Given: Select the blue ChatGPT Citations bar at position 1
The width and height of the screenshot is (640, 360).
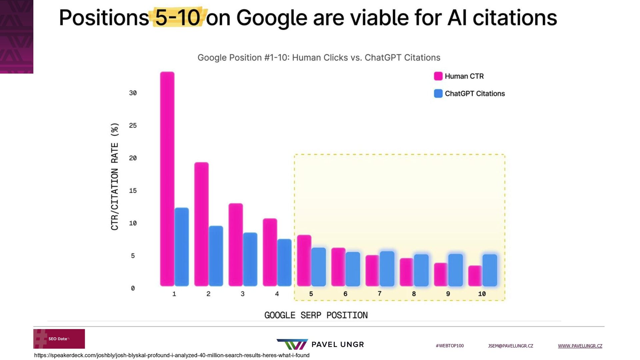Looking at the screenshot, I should click(182, 247).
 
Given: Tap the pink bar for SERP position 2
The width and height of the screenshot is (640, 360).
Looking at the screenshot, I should click(201, 224).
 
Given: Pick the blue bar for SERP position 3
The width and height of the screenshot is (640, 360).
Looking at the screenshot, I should click(250, 259).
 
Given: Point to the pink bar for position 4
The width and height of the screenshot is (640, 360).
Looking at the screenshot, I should click(270, 252).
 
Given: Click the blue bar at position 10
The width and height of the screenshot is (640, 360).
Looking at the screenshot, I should click(490, 270).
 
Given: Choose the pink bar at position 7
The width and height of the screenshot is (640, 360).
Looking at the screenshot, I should click(372, 270).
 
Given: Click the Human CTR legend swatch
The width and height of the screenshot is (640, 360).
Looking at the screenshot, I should click(438, 76).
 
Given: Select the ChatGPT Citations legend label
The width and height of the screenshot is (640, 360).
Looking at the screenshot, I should click(475, 94).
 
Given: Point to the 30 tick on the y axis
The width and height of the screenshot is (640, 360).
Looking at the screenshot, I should click(133, 93).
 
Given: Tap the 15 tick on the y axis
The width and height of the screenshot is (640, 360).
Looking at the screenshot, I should click(133, 191).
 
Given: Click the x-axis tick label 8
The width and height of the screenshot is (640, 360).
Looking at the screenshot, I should click(414, 294).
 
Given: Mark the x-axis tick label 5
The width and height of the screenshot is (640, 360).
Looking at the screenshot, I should click(311, 294).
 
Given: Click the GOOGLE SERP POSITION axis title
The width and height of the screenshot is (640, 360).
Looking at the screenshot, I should click(316, 315).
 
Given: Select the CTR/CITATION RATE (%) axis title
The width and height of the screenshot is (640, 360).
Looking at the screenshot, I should click(115, 177).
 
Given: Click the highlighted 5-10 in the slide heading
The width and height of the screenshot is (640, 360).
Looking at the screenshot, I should click(178, 17).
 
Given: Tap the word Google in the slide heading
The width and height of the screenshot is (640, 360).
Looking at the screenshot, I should click(272, 18).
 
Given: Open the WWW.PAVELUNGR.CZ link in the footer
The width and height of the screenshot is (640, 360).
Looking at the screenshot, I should click(580, 346).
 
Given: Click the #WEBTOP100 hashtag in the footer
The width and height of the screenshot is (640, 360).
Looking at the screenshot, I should click(450, 346).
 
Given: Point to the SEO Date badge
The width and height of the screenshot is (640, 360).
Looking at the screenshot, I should click(59, 339).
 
